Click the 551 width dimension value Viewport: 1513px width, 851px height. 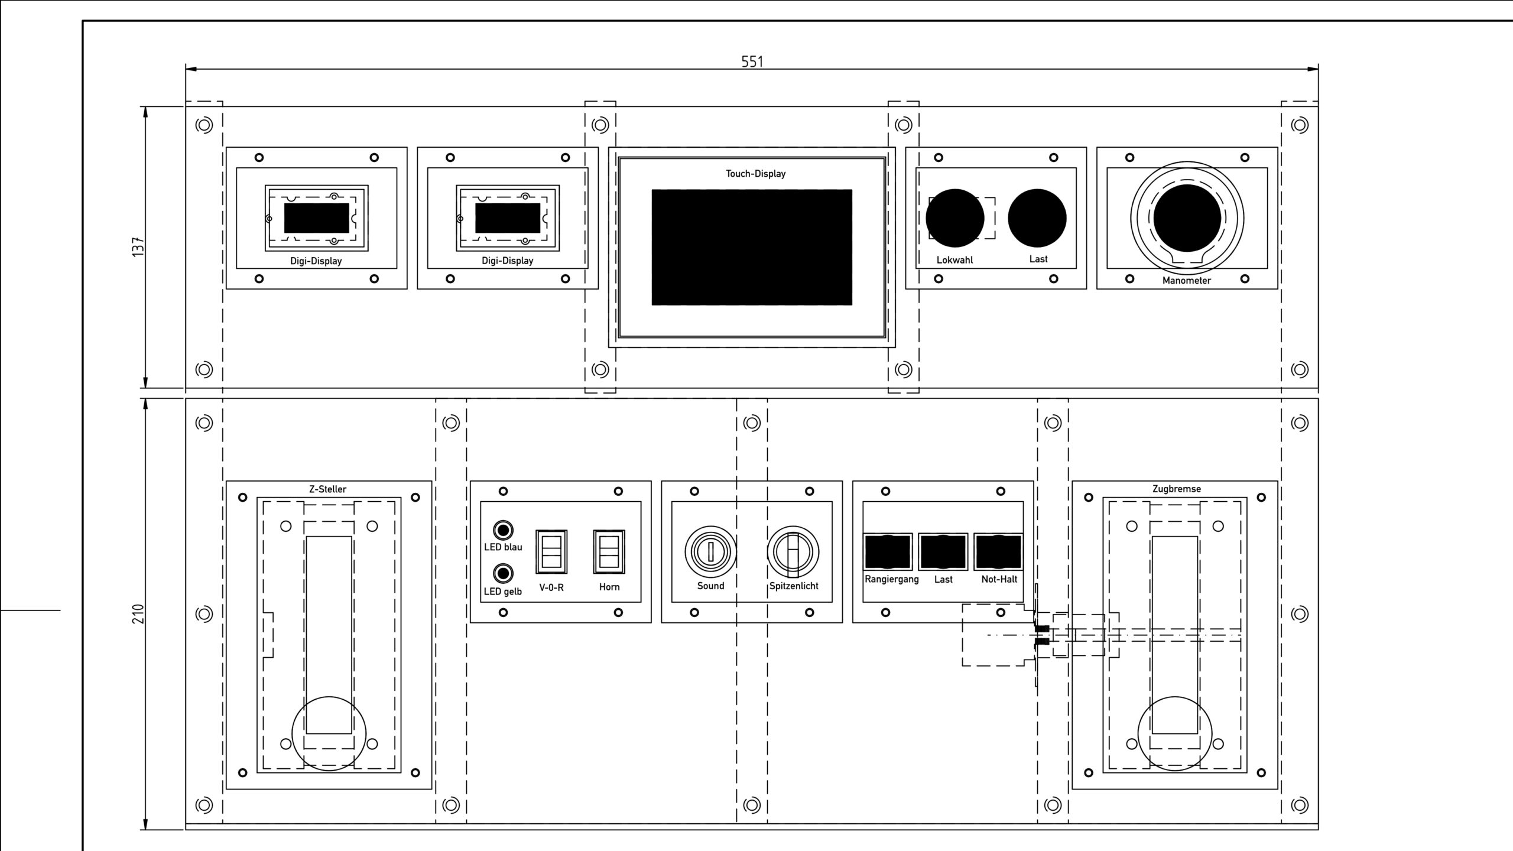[x=752, y=61]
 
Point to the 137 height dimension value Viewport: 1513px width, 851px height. [x=138, y=246]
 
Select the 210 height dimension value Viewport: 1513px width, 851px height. [x=138, y=614]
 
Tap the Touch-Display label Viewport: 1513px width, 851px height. [x=755, y=174]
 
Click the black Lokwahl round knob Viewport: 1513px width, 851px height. [x=954, y=218]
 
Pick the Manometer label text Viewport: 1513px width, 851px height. [x=1186, y=281]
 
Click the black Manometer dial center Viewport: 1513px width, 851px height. [x=1187, y=217]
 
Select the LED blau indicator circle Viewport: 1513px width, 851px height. [x=503, y=530]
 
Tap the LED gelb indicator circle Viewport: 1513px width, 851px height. [x=503, y=573]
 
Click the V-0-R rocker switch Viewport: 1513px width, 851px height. [x=551, y=551]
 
